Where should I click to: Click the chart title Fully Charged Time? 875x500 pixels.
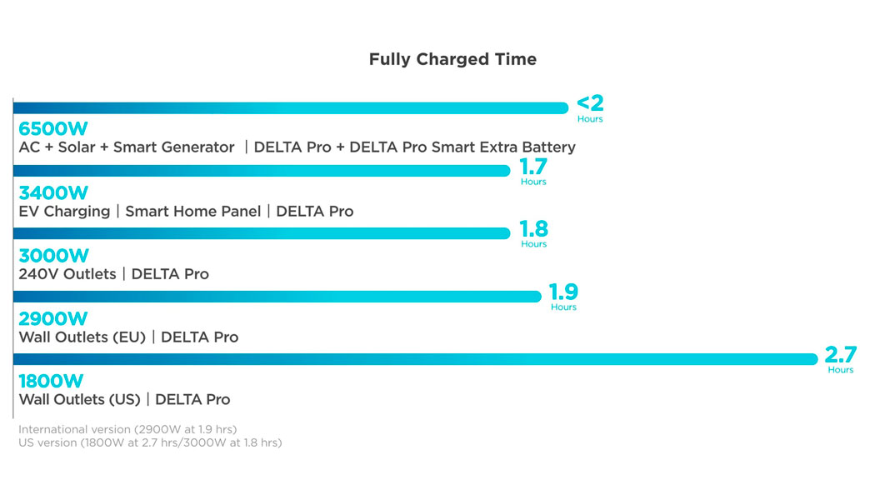pos(452,59)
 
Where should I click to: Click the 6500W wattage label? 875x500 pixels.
pos(52,129)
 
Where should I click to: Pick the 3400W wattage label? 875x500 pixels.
pos(52,192)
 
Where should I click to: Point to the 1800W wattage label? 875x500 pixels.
pos(51,381)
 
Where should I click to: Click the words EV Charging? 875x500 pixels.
pos(64,212)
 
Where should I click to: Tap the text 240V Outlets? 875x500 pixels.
pos(67,274)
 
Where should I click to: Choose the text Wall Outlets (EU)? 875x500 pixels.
pos(82,337)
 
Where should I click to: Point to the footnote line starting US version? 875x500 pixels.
pos(150,442)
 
